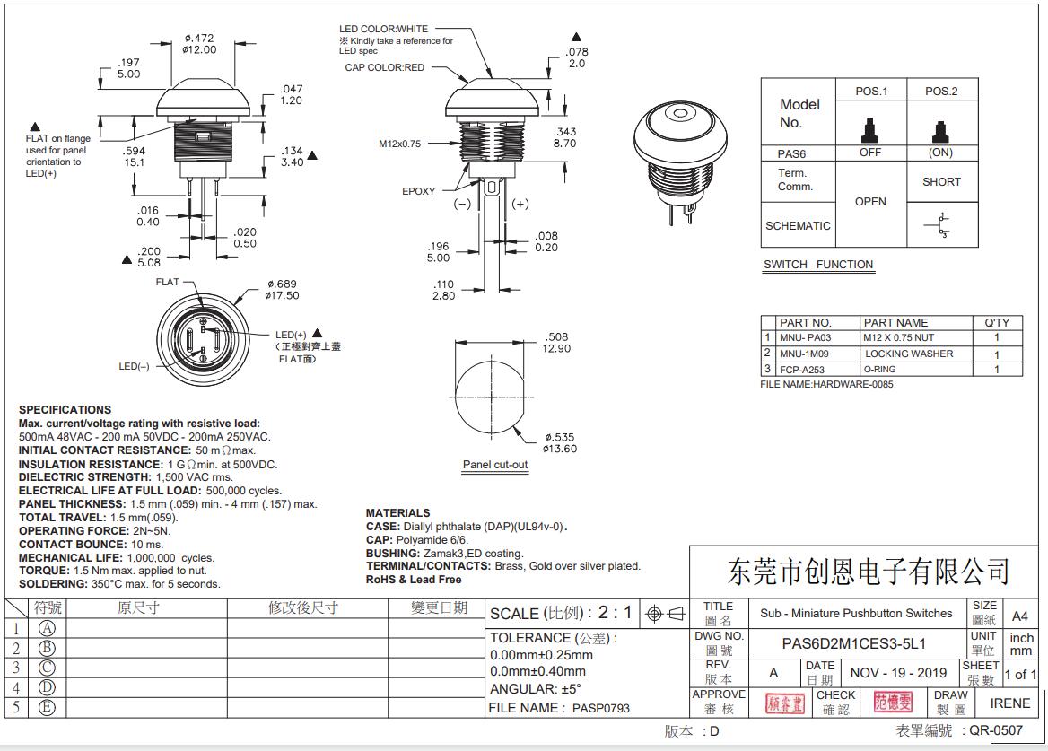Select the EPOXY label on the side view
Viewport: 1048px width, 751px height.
point(418,191)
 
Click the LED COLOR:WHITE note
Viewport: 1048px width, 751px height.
point(383,30)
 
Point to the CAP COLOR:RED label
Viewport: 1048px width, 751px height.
point(384,68)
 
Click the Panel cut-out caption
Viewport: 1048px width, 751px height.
point(495,465)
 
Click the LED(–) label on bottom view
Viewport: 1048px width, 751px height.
point(135,366)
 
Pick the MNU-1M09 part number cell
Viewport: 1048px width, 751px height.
point(804,354)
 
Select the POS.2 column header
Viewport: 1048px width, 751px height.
point(941,92)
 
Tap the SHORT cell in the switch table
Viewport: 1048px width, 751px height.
point(941,182)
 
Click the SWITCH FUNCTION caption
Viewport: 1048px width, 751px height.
point(817,265)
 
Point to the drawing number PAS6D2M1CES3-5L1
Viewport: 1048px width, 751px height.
point(853,643)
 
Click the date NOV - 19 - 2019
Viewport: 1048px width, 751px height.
point(898,673)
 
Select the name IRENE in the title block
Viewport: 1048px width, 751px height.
point(1009,703)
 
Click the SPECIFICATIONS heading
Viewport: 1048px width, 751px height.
point(65,410)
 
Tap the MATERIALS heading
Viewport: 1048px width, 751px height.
point(397,513)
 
